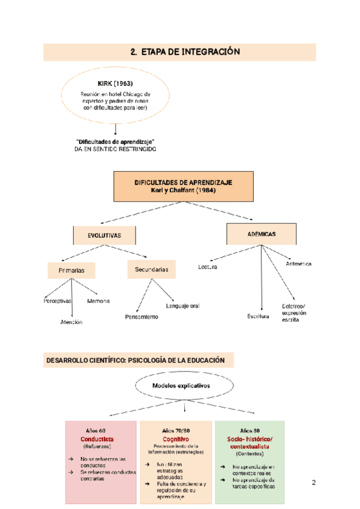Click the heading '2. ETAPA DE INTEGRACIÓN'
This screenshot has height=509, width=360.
click(185, 52)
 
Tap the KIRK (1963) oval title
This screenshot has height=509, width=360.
click(115, 83)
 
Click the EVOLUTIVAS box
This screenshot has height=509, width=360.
click(104, 236)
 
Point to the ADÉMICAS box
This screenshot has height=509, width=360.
click(260, 233)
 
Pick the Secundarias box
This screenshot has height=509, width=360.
click(152, 270)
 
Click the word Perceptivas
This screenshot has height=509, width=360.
click(58, 300)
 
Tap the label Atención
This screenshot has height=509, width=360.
click(71, 322)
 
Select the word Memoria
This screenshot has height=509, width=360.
click(98, 300)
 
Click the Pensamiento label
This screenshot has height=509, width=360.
click(142, 316)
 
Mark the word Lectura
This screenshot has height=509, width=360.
click(208, 267)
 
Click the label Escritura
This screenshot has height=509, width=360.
click(259, 316)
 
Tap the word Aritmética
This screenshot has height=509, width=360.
click(299, 264)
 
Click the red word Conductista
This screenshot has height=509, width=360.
click(97, 439)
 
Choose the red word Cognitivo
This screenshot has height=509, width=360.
click(176, 439)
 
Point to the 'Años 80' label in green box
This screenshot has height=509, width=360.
click(250, 431)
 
